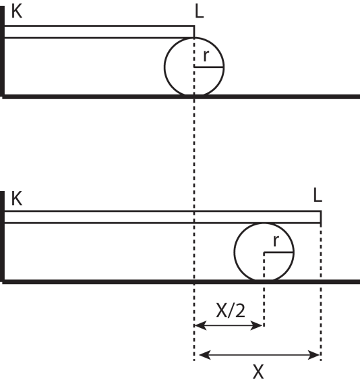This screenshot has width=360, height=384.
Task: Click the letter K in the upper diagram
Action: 17,11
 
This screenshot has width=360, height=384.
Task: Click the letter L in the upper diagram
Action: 200,11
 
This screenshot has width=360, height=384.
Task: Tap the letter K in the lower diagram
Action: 17,198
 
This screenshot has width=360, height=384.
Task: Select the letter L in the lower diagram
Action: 318,195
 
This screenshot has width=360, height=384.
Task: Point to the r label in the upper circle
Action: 206,55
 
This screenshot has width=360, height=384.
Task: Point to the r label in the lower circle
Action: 276,241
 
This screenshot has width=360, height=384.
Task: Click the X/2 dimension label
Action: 231,310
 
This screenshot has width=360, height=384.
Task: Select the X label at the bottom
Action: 258,371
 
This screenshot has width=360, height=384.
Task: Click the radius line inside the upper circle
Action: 209,67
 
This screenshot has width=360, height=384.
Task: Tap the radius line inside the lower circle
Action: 279,252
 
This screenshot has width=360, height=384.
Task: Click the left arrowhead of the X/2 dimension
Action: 200,325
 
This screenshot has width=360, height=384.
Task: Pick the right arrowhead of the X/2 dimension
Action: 257,325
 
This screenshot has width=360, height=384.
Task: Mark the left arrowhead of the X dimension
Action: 206,354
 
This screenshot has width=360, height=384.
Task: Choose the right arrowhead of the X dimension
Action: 313,354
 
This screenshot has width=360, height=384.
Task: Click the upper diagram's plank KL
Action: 100,32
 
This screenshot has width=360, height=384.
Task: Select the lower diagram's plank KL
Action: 163,217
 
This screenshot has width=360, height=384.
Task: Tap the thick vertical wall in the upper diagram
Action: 2,52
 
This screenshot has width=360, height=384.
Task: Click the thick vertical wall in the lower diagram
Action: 2,237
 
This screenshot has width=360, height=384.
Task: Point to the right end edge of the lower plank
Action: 321,217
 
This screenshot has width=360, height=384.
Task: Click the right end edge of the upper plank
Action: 194,32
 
